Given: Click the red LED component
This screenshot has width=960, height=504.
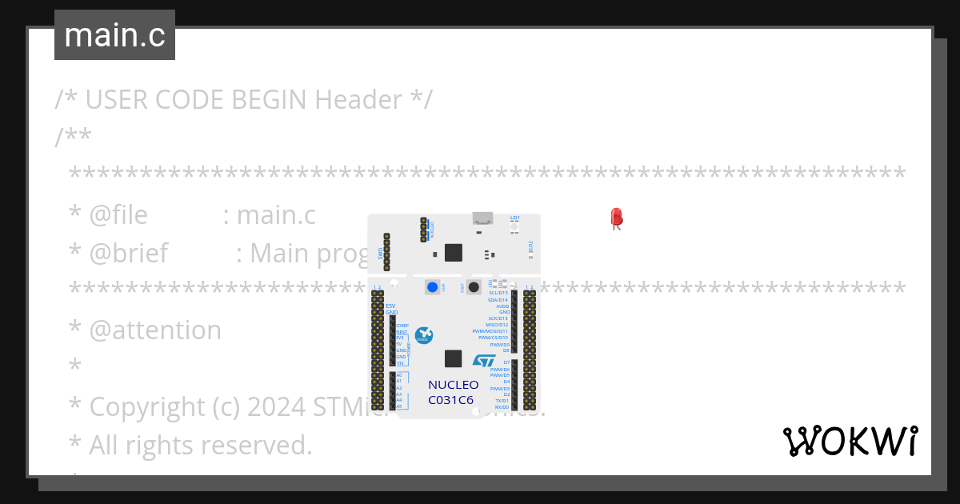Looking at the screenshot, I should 616,217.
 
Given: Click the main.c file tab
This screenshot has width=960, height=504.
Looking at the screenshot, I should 114,35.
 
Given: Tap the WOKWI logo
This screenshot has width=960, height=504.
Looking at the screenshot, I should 850,441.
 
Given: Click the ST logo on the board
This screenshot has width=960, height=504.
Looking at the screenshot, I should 484,361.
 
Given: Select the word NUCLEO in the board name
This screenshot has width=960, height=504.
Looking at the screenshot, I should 453,385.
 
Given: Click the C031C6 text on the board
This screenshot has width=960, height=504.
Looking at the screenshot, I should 450,399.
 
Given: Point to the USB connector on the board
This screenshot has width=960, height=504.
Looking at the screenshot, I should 482,218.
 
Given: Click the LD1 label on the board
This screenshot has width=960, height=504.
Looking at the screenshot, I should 515,218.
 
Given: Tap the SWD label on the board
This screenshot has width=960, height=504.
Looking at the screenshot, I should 380,254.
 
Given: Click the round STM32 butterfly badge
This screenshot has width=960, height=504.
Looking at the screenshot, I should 425,336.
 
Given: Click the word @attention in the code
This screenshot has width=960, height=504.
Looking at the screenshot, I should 155,330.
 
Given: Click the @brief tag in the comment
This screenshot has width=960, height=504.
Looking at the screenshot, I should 128,254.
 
